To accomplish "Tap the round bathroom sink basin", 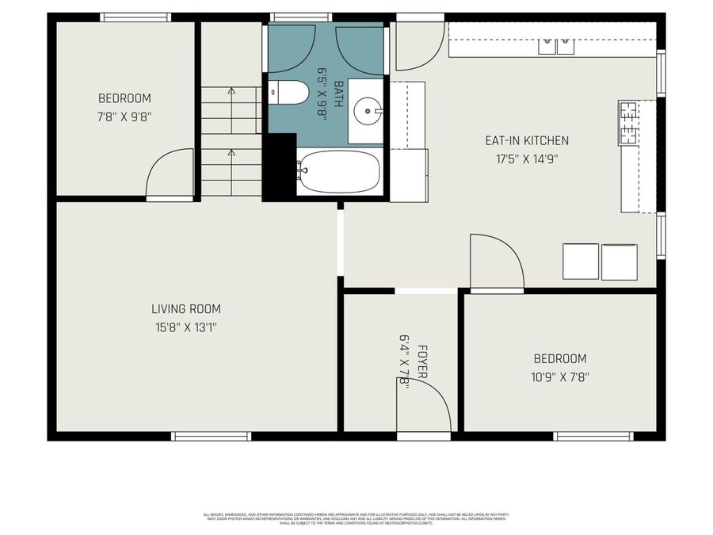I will click(x=368, y=111).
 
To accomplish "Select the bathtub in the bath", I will click(x=339, y=171).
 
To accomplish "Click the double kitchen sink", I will click(x=557, y=46).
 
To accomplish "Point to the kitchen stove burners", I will click(x=628, y=122).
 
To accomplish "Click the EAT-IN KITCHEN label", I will click(x=527, y=140).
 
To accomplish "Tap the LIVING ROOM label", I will click(x=186, y=309).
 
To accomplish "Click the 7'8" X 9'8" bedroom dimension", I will click(x=124, y=116).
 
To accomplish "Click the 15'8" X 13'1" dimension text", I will click(x=186, y=326).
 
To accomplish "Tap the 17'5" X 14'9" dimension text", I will click(x=527, y=157).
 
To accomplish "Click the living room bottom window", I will click(x=212, y=436).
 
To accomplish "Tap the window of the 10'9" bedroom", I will click(x=593, y=436).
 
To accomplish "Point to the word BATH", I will click(x=339, y=94).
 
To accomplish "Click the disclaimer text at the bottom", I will click(x=356, y=518).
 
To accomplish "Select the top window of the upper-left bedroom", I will click(x=135, y=17).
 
